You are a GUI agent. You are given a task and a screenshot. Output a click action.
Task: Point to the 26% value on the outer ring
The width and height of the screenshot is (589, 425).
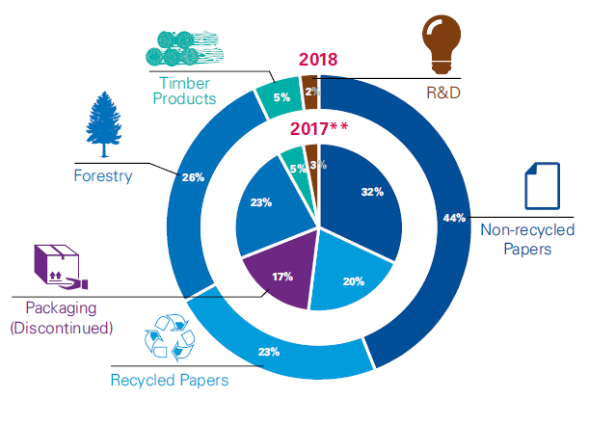(192, 177)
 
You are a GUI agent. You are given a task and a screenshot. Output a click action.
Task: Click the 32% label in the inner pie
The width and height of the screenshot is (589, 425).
(372, 192)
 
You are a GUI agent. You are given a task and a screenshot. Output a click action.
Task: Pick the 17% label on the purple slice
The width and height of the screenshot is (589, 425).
(281, 276)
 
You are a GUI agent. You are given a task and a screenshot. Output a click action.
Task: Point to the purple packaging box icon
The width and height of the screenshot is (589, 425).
(59, 266)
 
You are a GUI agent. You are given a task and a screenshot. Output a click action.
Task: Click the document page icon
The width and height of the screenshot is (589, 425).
(542, 186)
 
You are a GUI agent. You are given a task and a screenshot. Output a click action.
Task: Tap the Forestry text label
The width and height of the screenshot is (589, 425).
(102, 175)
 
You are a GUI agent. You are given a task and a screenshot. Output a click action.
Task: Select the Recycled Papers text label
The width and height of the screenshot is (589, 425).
(170, 380)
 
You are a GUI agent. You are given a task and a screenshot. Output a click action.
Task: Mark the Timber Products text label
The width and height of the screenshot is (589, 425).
(182, 90)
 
